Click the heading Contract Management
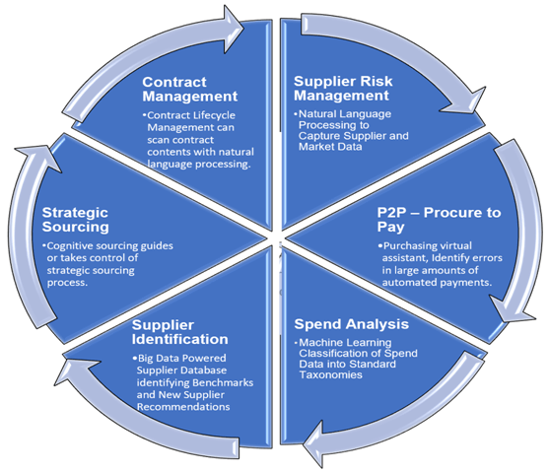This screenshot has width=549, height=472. click(x=190, y=89)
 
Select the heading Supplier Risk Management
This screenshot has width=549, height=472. click(x=343, y=89)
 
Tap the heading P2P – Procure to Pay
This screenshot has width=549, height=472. click(x=439, y=220)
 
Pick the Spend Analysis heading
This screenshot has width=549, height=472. click(x=352, y=324)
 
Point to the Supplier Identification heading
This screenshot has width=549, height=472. click(x=180, y=332)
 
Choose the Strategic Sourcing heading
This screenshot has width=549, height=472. click(x=75, y=220)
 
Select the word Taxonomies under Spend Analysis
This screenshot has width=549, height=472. click(x=330, y=375)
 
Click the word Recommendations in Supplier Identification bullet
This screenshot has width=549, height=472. click(x=183, y=407)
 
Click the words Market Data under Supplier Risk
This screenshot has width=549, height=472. click(x=330, y=147)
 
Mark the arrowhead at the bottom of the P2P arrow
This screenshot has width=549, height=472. click(x=513, y=309)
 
